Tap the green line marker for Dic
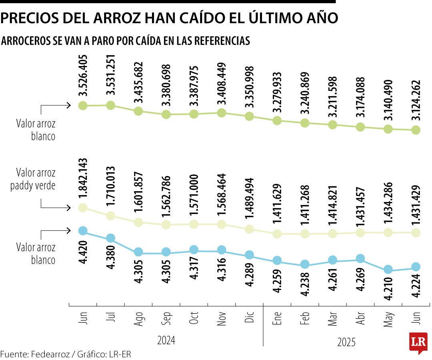pyautogui.click(x=249, y=116)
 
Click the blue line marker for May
pyautogui.click(x=388, y=270)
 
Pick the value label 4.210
pyautogui.click(x=388, y=290)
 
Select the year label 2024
pyautogui.click(x=166, y=340)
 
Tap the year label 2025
pyautogui.click(x=346, y=342)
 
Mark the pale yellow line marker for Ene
pyautogui.click(x=277, y=234)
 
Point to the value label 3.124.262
pyautogui.click(x=416, y=96)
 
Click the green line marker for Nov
pyautogui.click(x=222, y=113)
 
